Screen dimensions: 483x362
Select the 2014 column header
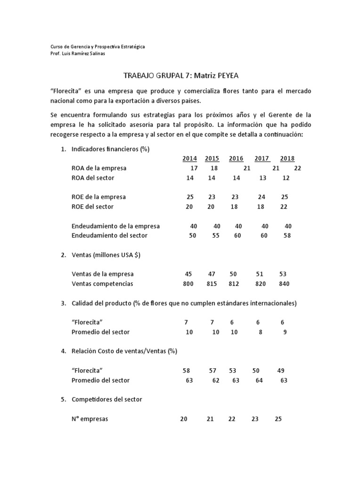click(189, 158)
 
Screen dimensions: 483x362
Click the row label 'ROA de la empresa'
click(99, 168)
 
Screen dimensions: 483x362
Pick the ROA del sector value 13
click(263, 178)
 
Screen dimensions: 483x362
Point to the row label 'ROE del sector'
click(92, 207)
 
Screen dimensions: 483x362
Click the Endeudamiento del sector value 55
click(216, 235)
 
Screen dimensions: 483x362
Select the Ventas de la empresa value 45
click(189, 274)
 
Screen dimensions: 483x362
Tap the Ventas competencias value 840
click(284, 284)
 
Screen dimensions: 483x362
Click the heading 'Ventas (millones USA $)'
click(106, 255)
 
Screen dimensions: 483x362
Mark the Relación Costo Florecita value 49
click(281, 371)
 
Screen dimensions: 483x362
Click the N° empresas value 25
click(278, 419)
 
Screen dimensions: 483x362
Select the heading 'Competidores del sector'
click(107, 399)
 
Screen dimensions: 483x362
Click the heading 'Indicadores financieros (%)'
click(110, 149)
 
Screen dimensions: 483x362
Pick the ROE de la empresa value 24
click(262, 197)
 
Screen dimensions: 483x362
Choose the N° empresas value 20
click(183, 419)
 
